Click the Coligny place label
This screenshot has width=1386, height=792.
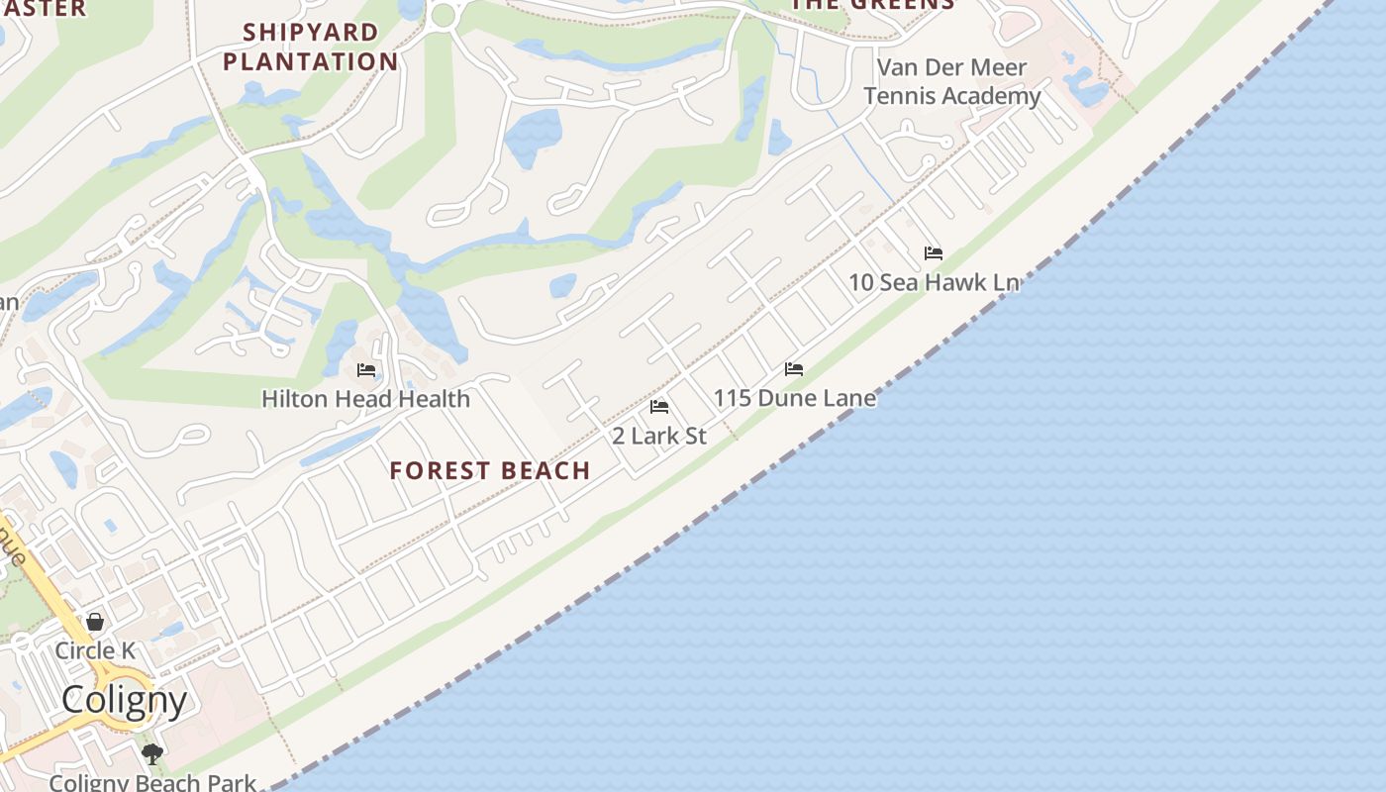click(124, 700)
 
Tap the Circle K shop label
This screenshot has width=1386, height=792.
click(95, 650)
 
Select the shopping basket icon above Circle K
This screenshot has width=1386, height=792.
click(95, 622)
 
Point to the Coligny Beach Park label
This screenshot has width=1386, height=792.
click(152, 782)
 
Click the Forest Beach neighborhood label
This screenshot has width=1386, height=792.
click(489, 470)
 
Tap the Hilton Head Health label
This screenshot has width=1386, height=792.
click(365, 399)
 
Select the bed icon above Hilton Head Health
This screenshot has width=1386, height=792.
click(366, 370)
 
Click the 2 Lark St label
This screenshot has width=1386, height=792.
click(659, 436)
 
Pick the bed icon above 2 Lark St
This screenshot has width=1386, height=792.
click(659, 407)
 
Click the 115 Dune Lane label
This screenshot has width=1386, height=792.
click(794, 398)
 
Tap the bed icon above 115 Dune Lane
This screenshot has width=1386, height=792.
click(794, 369)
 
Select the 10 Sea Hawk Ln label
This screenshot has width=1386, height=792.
click(934, 282)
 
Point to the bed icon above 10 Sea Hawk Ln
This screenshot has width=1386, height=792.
click(934, 253)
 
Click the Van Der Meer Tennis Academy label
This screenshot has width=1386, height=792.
click(952, 81)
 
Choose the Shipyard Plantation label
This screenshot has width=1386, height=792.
click(311, 47)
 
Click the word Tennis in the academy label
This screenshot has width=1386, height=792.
click(903, 96)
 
